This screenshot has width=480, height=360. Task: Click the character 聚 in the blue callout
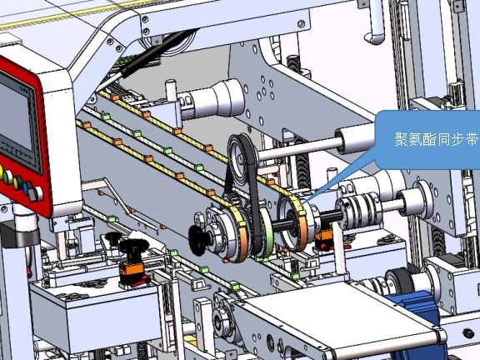[401, 139]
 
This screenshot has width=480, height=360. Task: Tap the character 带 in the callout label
[472, 139]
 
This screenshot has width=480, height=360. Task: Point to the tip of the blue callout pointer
[302, 204]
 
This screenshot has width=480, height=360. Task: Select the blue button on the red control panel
[28, 188]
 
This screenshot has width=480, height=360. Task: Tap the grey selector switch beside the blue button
[36, 193]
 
